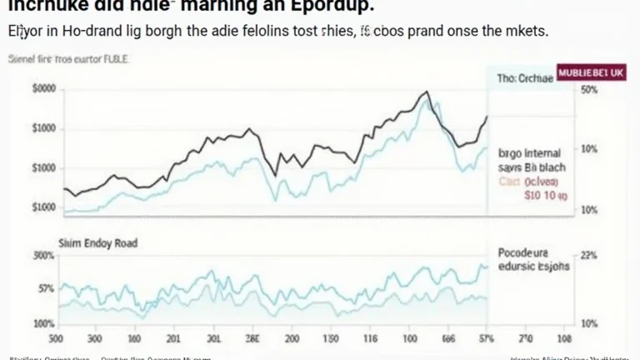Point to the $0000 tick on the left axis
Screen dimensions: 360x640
coord(43,89)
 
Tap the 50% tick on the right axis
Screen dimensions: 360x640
coord(589,89)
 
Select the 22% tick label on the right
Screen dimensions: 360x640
coord(588,257)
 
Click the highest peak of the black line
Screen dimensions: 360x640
coord(427,92)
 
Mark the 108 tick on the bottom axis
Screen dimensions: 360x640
coord(564,339)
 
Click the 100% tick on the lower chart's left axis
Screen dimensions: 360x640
coord(44,322)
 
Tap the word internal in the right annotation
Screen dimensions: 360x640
coord(542,153)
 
